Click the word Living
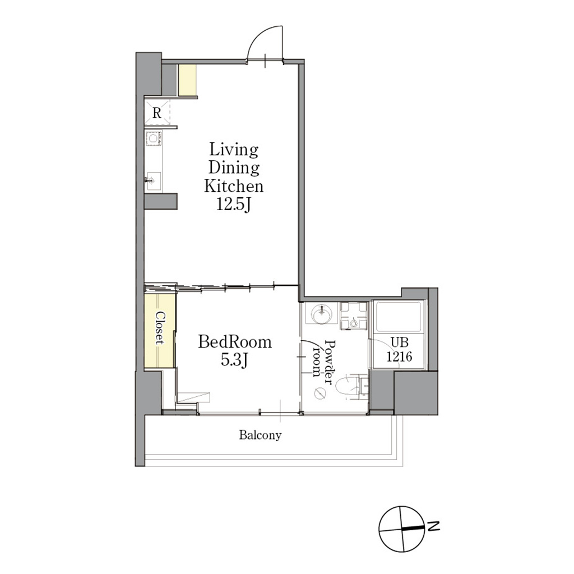click(234, 150)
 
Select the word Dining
click(234, 168)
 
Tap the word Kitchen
click(234, 186)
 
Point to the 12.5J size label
click(234, 204)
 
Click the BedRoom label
click(235, 342)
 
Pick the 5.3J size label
click(235, 360)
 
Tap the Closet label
click(160, 328)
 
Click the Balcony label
click(260, 435)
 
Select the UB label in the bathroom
click(400, 342)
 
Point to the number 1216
click(399, 356)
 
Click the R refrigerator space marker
click(157, 113)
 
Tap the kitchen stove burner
click(153, 138)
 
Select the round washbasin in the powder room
click(322, 314)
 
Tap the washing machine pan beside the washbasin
click(353, 316)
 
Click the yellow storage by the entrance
click(187, 80)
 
